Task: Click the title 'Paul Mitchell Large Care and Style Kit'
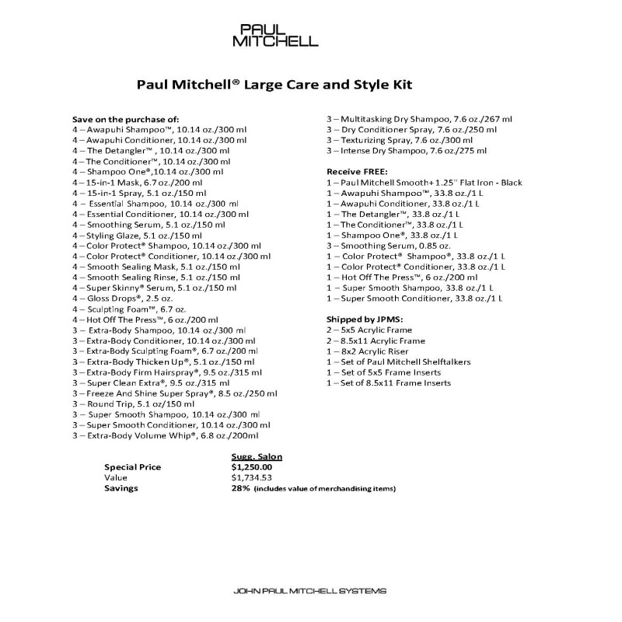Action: (x=274, y=83)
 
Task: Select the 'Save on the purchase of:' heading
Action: (x=125, y=119)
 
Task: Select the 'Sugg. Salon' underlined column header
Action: (x=257, y=456)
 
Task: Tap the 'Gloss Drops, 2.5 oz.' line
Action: (x=124, y=299)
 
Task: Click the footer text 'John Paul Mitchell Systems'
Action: (x=309, y=592)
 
